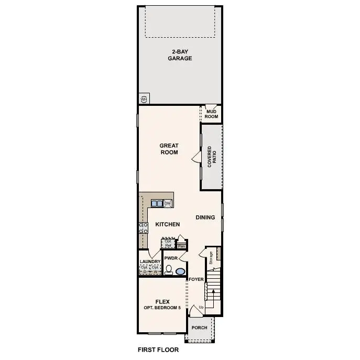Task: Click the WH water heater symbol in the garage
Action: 144,99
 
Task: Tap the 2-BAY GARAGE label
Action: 180,55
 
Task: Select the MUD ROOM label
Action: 212,114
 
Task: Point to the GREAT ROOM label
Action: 169,149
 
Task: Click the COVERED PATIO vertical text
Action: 212,157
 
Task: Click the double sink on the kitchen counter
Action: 157,203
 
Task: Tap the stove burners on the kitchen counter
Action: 143,227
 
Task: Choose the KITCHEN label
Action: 168,224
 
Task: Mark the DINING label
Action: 205,217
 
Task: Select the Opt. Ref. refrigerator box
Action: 168,244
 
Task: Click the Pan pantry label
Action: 182,245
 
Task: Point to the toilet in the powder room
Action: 169,270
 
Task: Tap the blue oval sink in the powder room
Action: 180,271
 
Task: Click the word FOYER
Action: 197,279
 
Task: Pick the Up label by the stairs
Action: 201,307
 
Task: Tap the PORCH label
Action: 199,328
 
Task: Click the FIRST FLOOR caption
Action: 158,350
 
